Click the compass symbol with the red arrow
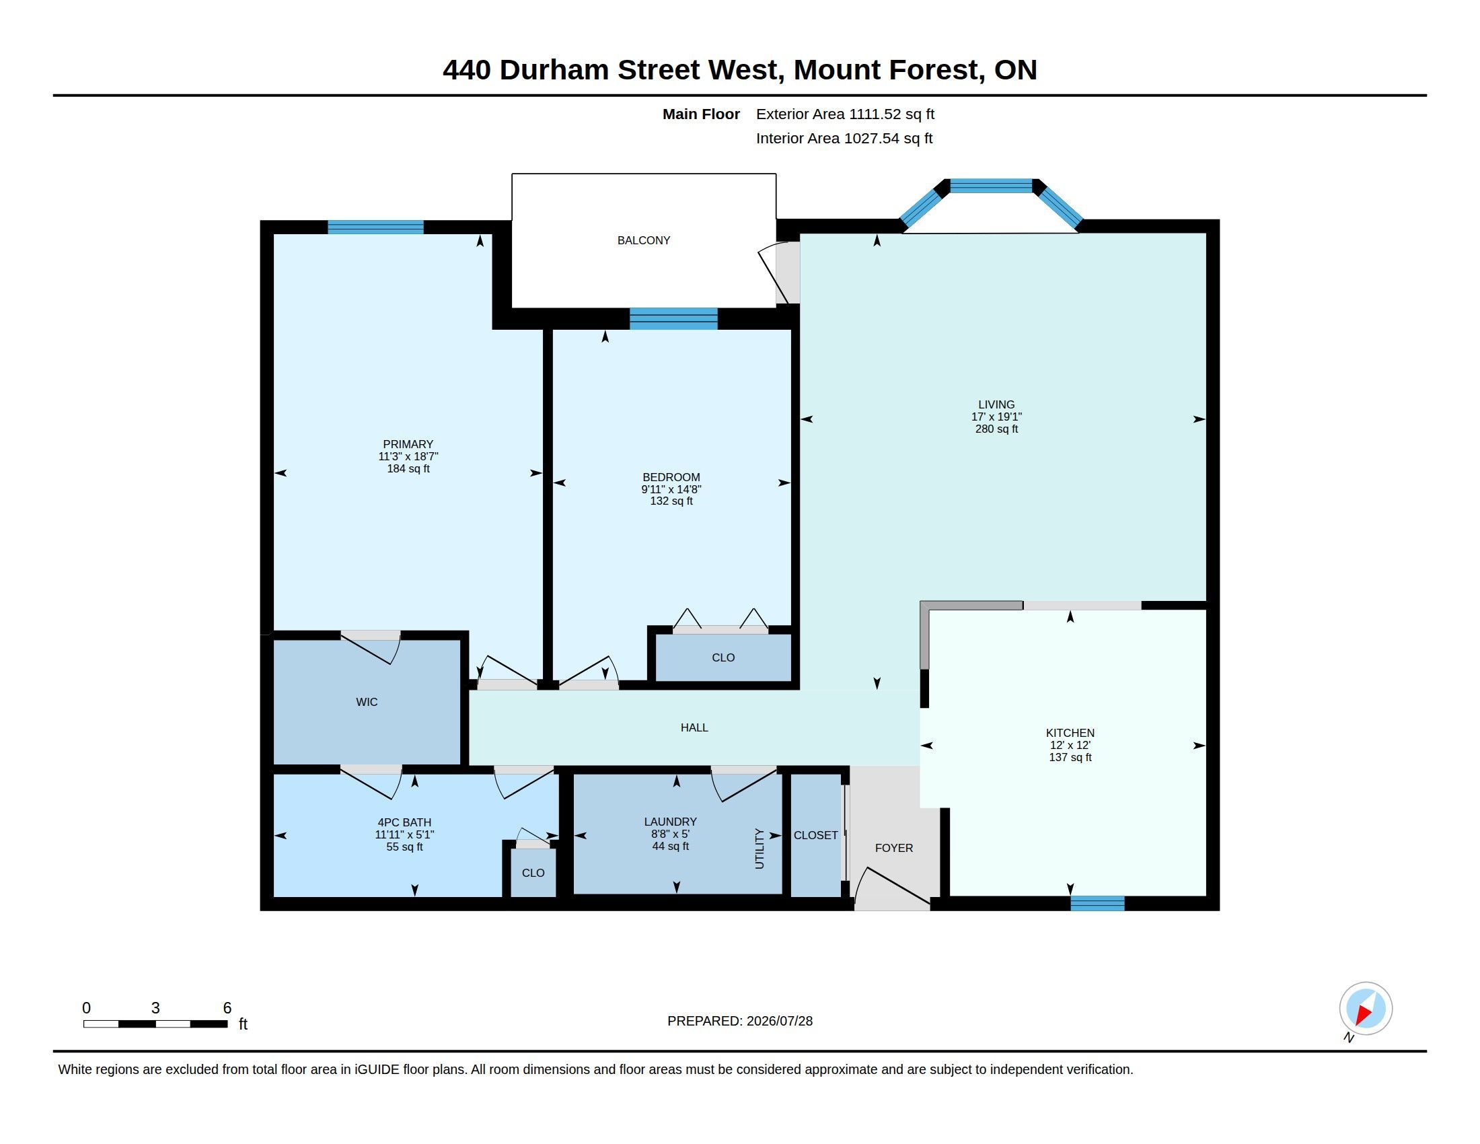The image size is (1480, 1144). (1365, 1009)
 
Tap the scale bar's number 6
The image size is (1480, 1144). (227, 1008)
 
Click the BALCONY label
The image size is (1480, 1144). (643, 240)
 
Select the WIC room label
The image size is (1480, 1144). (367, 702)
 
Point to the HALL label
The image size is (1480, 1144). (694, 727)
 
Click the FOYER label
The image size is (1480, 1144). (894, 848)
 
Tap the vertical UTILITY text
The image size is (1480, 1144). (759, 849)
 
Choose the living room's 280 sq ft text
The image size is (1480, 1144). (996, 429)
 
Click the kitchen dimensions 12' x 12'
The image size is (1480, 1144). (1070, 745)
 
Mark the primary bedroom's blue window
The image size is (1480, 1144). (375, 227)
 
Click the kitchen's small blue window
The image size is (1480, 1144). (1097, 902)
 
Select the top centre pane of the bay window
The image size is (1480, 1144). (991, 186)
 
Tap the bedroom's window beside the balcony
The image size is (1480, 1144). (673, 318)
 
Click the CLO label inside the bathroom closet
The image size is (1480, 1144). (533, 873)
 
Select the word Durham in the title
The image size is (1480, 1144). (554, 70)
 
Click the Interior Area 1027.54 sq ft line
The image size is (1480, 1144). (844, 138)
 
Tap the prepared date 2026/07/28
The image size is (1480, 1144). (779, 1021)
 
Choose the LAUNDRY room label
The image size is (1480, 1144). (669, 822)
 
